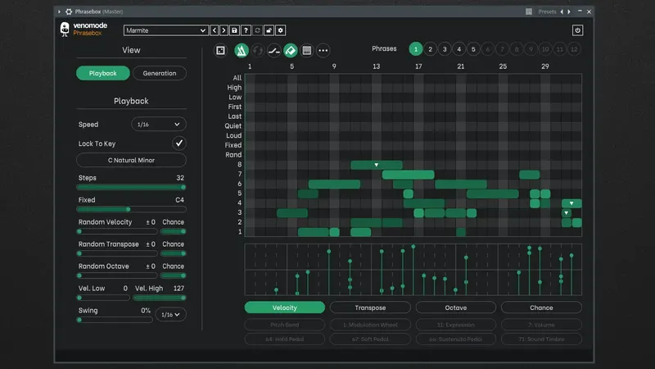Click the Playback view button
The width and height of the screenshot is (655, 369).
[103, 73]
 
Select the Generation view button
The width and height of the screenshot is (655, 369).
[160, 73]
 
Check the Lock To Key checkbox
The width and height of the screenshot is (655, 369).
[178, 143]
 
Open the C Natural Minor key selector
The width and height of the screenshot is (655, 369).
[131, 160]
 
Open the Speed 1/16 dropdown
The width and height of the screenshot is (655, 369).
[159, 125]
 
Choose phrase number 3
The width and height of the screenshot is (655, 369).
[445, 49]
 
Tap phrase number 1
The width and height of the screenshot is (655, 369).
[416, 49]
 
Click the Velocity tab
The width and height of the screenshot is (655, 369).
[285, 307]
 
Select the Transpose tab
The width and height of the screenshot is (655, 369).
[370, 307]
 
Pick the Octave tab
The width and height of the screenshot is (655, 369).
[455, 307]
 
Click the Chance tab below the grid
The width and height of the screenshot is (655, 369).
[541, 307]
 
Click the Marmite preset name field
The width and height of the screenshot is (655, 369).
[166, 30]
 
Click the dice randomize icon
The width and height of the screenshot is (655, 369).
[221, 50]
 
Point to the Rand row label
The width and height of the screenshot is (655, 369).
[233, 155]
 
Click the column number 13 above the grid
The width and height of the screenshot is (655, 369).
[377, 66]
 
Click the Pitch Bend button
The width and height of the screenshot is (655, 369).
[285, 324]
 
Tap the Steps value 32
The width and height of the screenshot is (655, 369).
[180, 178]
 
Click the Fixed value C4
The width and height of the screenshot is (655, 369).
[180, 200]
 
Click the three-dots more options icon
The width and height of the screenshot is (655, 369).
[323, 50]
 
